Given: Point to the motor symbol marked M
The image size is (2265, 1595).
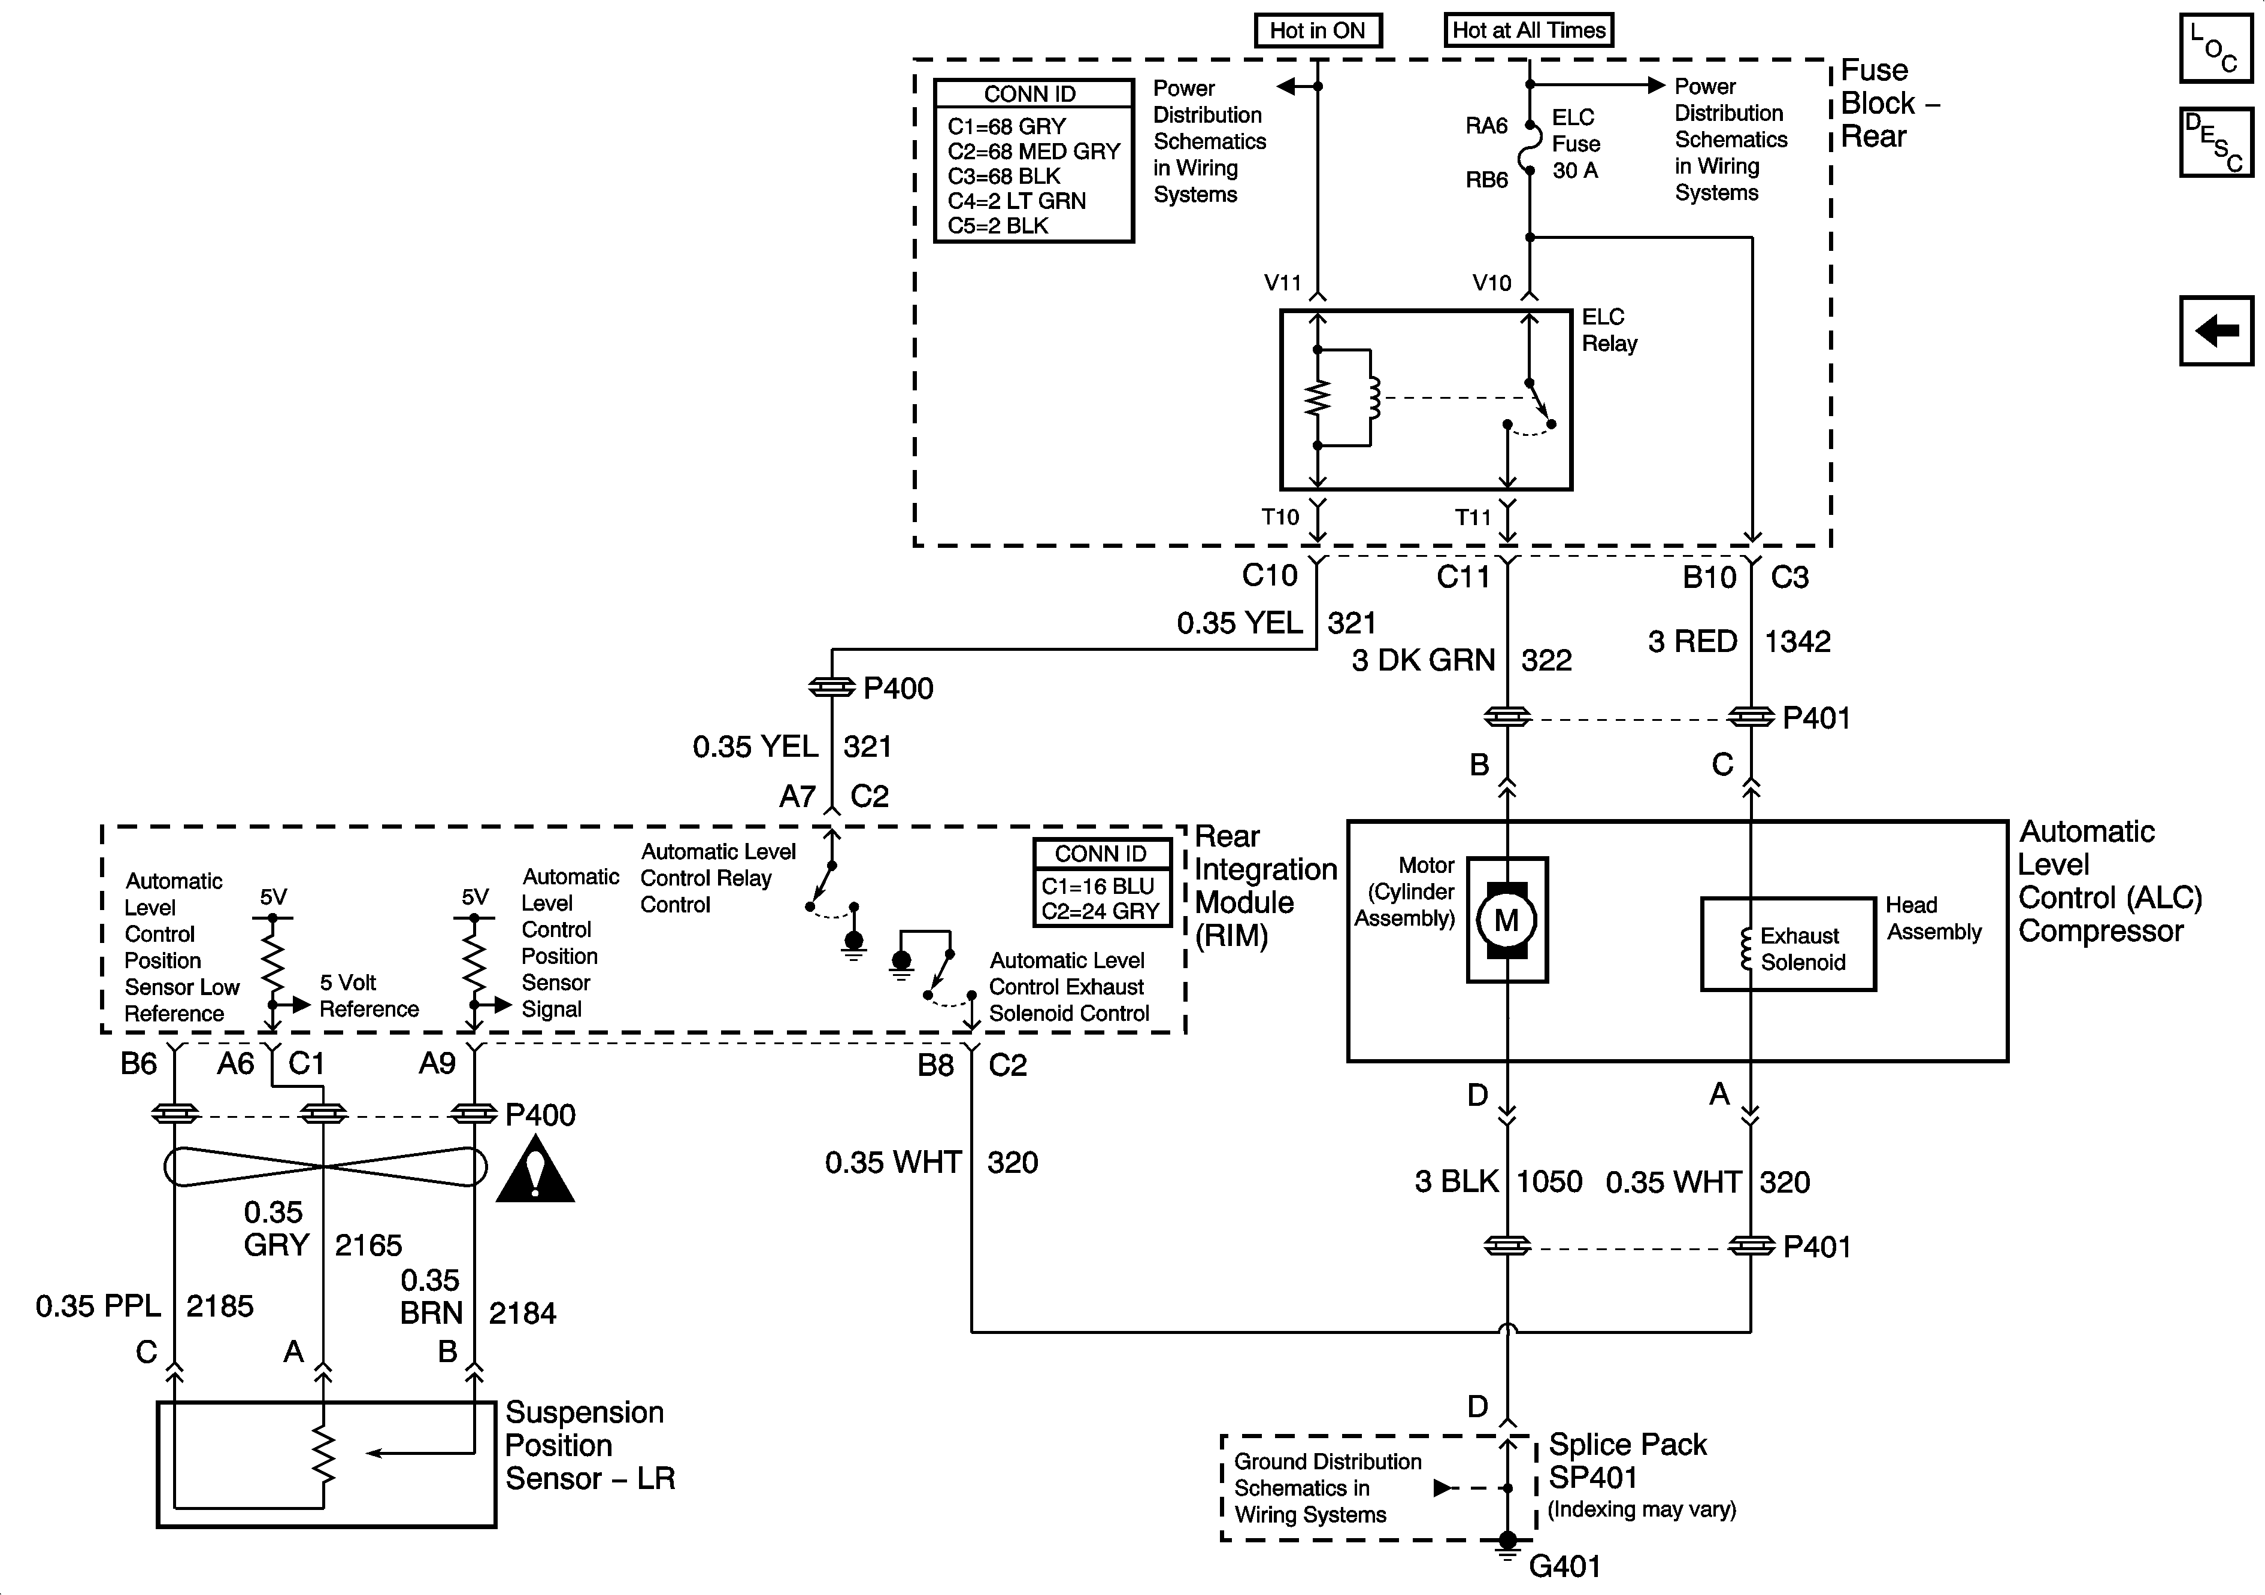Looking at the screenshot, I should [x=1506, y=920].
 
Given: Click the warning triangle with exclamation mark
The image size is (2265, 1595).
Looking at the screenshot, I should [x=535, y=1171].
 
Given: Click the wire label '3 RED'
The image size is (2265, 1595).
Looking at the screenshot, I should [x=1692, y=642].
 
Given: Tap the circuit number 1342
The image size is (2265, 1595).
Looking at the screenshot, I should [x=1797, y=642].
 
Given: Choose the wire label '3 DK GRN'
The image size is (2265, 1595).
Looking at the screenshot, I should [x=1422, y=660].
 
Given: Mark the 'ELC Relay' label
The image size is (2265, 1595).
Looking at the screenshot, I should [x=1609, y=330].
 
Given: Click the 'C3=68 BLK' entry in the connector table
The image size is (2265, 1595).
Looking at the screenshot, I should [x=1003, y=177].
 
